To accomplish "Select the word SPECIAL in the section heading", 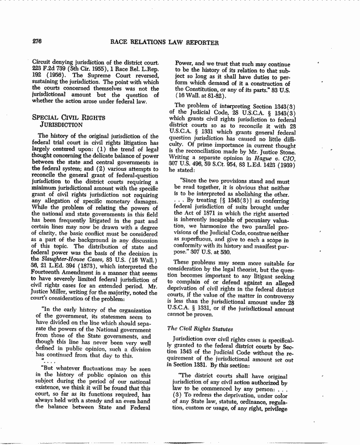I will click(x=46, y=118).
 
